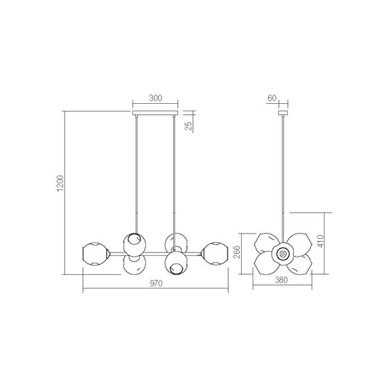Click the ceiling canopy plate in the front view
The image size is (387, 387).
[155, 111]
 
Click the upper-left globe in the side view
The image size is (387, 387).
[267, 243]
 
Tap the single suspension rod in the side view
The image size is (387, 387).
[282, 177]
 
